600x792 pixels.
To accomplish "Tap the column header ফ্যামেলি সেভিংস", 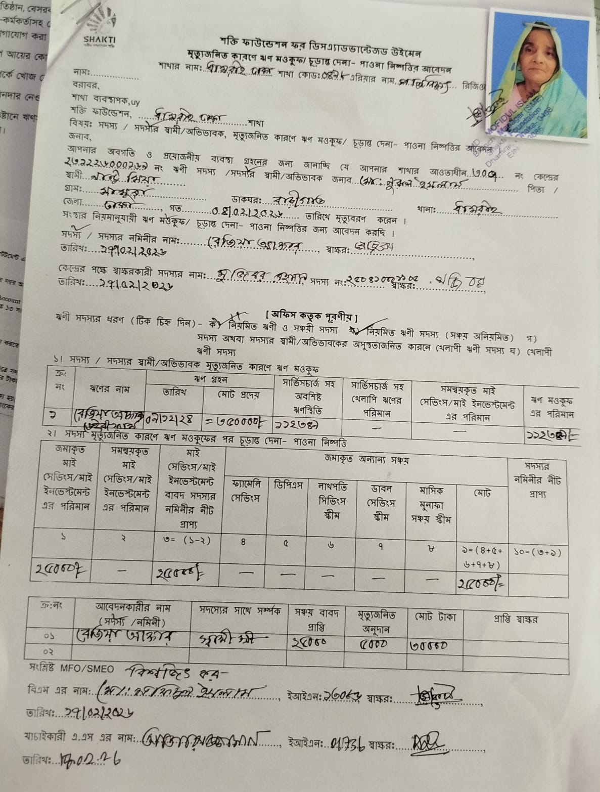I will (x=245, y=491).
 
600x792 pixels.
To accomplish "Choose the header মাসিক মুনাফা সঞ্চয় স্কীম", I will (x=431, y=504).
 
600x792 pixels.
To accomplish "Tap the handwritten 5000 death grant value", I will (x=374, y=644).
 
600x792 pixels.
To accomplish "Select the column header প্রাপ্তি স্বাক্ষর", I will (x=515, y=619).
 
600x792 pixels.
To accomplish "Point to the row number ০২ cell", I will (x=48, y=651).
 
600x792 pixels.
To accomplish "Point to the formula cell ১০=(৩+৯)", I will (x=537, y=552).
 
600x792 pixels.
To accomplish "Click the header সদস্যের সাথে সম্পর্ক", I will (x=240, y=610).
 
